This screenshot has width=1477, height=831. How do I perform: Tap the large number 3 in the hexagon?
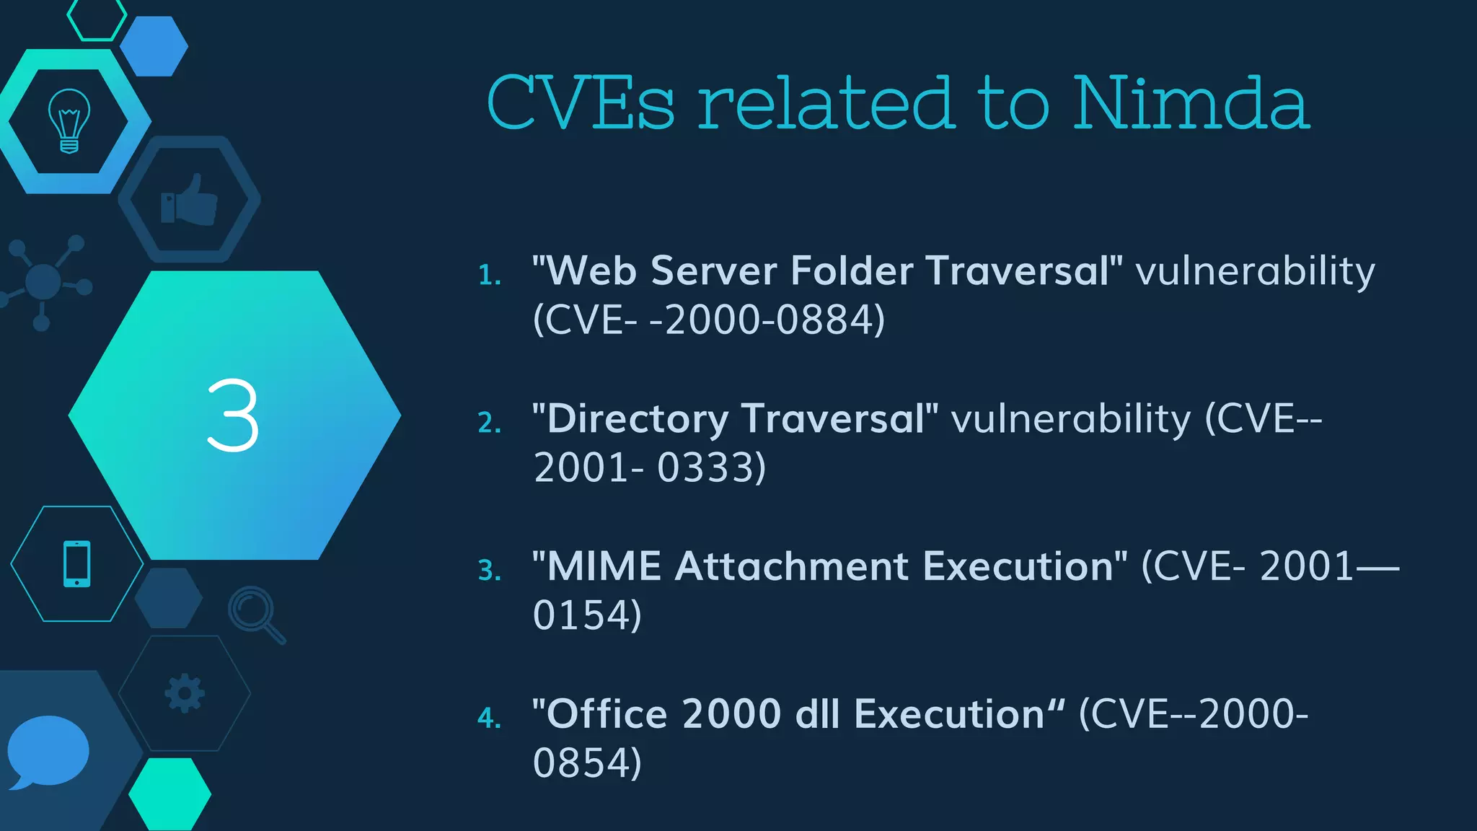coord(232,416)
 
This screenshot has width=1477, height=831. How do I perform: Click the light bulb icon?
coord(69,120)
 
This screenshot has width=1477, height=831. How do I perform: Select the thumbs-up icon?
coord(189,200)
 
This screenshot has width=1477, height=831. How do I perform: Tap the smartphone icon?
coord(77,563)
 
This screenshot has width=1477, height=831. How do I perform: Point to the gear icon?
coord(185,693)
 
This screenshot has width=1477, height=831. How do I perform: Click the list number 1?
coord(489,275)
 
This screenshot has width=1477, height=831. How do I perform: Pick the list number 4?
coord(489,718)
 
